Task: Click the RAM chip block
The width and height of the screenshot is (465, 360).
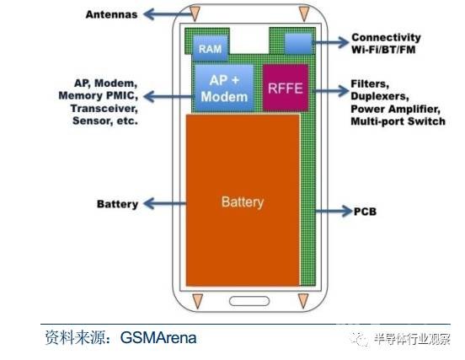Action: point(211,48)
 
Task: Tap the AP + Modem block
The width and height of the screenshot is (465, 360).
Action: point(224,89)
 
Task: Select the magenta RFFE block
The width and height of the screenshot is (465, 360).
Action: point(286,88)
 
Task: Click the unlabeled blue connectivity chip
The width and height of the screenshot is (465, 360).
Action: point(298,44)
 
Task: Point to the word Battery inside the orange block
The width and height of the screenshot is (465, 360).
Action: point(243,202)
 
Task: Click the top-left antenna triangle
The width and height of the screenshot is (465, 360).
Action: point(195,13)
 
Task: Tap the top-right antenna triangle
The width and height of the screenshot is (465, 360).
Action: point(304,13)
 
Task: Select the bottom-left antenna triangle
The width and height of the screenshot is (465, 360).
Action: point(197,301)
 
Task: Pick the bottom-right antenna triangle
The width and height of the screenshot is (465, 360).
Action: point(303,301)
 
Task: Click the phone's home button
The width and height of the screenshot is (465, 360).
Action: point(249,301)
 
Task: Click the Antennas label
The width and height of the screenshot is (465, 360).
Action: point(111,14)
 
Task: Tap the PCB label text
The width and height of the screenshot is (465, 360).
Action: point(365,212)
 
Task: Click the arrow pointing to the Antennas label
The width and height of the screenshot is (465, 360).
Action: point(169,14)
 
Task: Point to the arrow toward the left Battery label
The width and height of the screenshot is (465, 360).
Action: point(165,203)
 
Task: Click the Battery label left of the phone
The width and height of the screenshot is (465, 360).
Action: point(117,204)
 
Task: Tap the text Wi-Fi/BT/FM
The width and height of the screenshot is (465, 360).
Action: point(383,50)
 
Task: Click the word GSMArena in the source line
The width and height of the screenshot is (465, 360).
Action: point(158,338)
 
